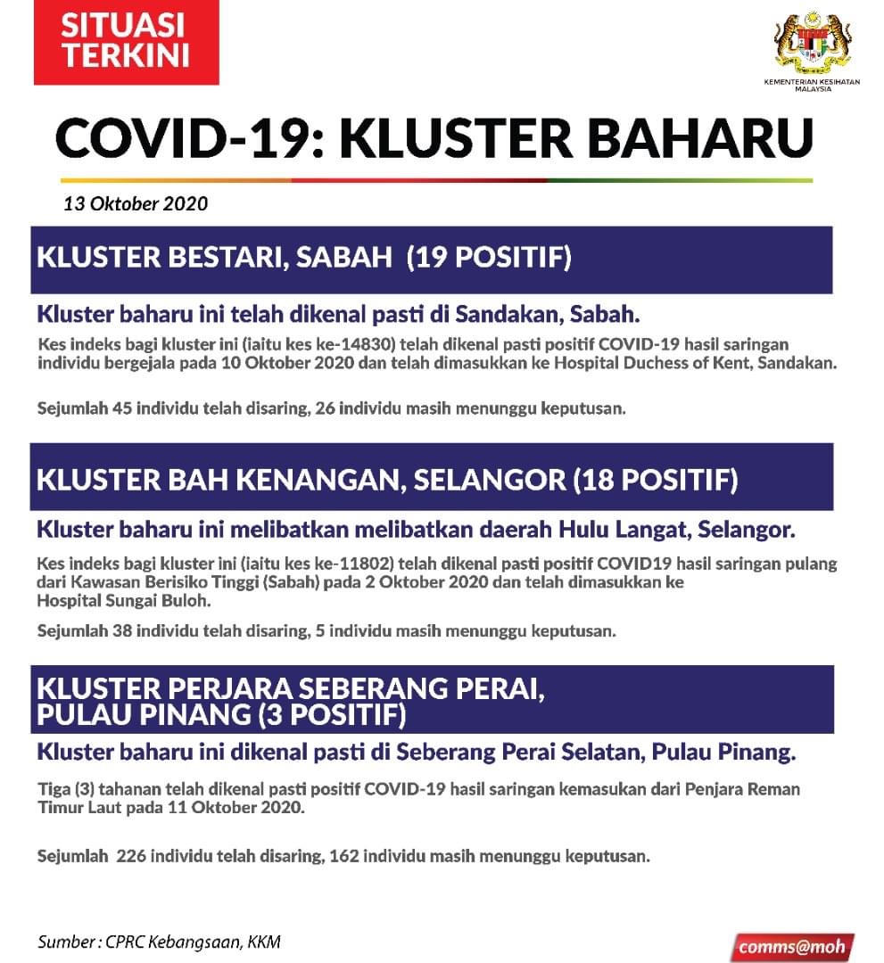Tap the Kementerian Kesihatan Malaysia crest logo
pos(810,45)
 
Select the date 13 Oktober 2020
pos(136,203)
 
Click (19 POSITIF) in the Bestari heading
pos(489,259)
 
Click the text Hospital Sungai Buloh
pos(124,600)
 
